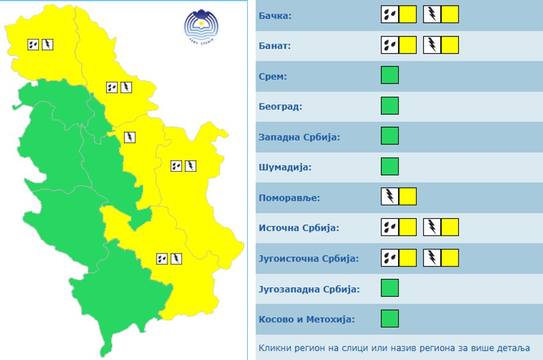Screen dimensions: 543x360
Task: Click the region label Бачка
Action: pos(275,15)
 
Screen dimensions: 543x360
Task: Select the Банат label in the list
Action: pos(274,46)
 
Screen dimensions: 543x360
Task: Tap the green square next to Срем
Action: pos(390,75)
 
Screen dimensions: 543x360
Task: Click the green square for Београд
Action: pos(390,105)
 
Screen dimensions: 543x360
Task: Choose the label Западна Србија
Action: pos(299,137)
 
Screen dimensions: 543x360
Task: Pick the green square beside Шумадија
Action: pos(390,166)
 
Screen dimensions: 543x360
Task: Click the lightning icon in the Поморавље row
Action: pos(390,196)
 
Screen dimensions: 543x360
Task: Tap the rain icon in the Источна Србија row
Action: pos(390,227)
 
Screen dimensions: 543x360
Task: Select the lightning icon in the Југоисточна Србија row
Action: pos(432,257)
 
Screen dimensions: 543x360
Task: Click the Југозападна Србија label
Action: pos(309,289)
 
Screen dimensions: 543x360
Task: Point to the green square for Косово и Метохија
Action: pos(390,318)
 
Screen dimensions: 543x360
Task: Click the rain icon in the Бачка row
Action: pos(390,14)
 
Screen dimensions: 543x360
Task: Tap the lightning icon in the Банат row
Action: pos(432,45)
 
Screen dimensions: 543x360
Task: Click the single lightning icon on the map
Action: pos(130,137)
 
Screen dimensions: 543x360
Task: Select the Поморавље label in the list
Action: pos(289,197)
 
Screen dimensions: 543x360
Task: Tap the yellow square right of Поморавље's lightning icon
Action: pos(408,196)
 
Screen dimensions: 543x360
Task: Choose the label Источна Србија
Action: pos(299,228)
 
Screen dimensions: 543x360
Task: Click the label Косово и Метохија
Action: pos(307,319)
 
